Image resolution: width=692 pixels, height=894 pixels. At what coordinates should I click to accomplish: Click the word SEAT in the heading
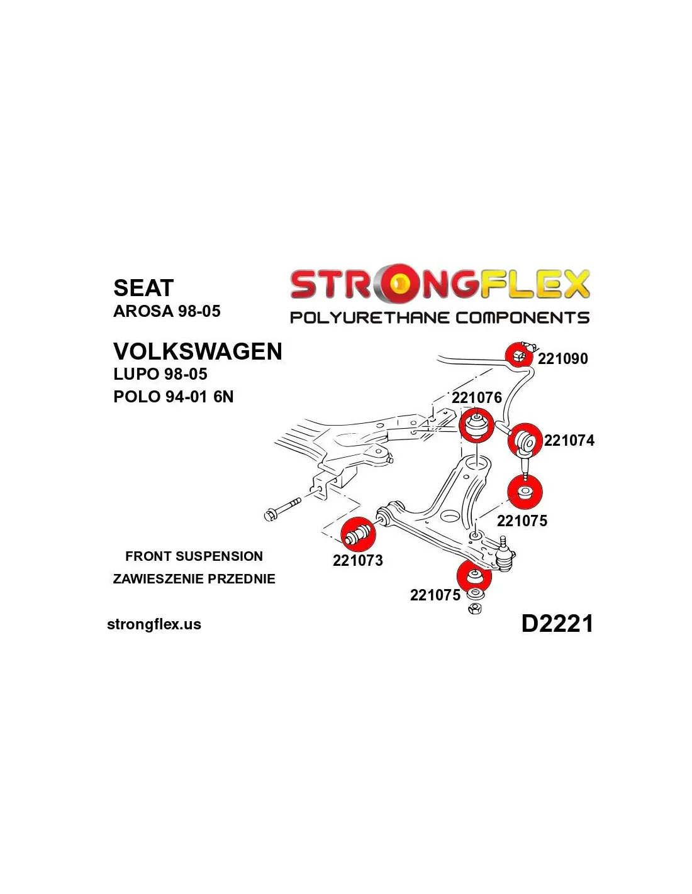pyautogui.click(x=143, y=287)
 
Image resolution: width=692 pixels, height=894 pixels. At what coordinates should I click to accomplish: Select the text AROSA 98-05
pyautogui.click(x=167, y=311)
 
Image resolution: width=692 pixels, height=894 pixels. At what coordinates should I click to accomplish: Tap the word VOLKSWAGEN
pyautogui.click(x=198, y=351)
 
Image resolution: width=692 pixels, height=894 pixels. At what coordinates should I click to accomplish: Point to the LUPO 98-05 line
pyautogui.click(x=160, y=374)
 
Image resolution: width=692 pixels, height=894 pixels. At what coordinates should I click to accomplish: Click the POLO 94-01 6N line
pyautogui.click(x=173, y=397)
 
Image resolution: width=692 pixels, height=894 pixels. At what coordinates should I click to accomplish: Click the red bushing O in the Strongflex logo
pyautogui.click(x=399, y=284)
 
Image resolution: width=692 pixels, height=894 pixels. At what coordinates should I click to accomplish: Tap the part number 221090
pyautogui.click(x=563, y=359)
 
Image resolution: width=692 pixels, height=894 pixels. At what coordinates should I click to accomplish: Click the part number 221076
pyautogui.click(x=477, y=398)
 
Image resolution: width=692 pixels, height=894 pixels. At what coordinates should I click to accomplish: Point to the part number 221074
pyautogui.click(x=569, y=441)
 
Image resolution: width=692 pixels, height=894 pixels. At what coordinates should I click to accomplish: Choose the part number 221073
pyautogui.click(x=358, y=560)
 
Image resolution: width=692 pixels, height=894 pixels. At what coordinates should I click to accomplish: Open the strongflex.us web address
pyautogui.click(x=154, y=624)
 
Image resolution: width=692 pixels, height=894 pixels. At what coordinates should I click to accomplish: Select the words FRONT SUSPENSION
pyautogui.click(x=194, y=556)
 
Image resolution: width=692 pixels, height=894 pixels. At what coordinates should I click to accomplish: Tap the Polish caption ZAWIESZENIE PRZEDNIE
pyautogui.click(x=194, y=579)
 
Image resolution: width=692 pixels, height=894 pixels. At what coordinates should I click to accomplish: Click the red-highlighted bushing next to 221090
pyautogui.click(x=518, y=354)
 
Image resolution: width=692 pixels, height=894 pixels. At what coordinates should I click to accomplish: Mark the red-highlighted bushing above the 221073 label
pyautogui.click(x=359, y=534)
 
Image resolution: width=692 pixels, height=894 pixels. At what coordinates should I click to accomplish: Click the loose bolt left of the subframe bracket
pyautogui.click(x=282, y=510)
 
